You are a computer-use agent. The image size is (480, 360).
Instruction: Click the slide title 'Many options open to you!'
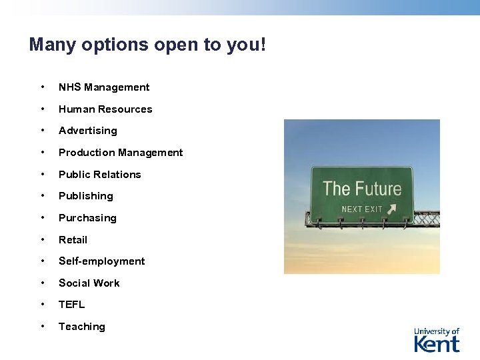[x=147, y=45]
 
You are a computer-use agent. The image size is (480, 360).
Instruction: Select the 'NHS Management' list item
[x=104, y=87]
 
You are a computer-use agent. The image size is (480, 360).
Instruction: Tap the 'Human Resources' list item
[x=105, y=109]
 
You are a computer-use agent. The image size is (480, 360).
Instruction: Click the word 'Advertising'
[x=87, y=131]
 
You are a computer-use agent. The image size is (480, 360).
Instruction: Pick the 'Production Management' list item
[x=120, y=153]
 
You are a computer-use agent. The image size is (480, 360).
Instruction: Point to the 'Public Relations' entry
[x=99, y=175]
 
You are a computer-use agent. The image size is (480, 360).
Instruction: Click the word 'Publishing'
[x=85, y=196]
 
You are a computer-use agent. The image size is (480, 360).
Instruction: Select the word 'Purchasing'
[x=87, y=218]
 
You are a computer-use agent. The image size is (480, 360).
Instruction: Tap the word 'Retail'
[x=73, y=240]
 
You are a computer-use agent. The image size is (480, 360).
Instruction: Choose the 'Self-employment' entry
[x=101, y=261]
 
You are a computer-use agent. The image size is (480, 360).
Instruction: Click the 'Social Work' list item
[x=89, y=283]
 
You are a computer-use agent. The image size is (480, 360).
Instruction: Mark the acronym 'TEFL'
[x=71, y=305]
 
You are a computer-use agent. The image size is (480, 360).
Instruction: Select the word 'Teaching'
[x=81, y=327]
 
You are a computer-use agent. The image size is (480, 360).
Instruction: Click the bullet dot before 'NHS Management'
[x=43, y=87]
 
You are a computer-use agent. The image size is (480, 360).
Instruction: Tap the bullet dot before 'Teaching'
[x=43, y=326]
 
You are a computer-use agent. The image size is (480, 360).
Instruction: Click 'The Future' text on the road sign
[x=362, y=189]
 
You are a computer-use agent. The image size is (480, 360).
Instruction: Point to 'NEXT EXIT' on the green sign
[x=362, y=209]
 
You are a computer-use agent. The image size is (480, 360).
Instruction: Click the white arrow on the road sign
[x=391, y=209]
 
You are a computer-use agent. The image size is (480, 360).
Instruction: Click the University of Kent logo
[x=437, y=340]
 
